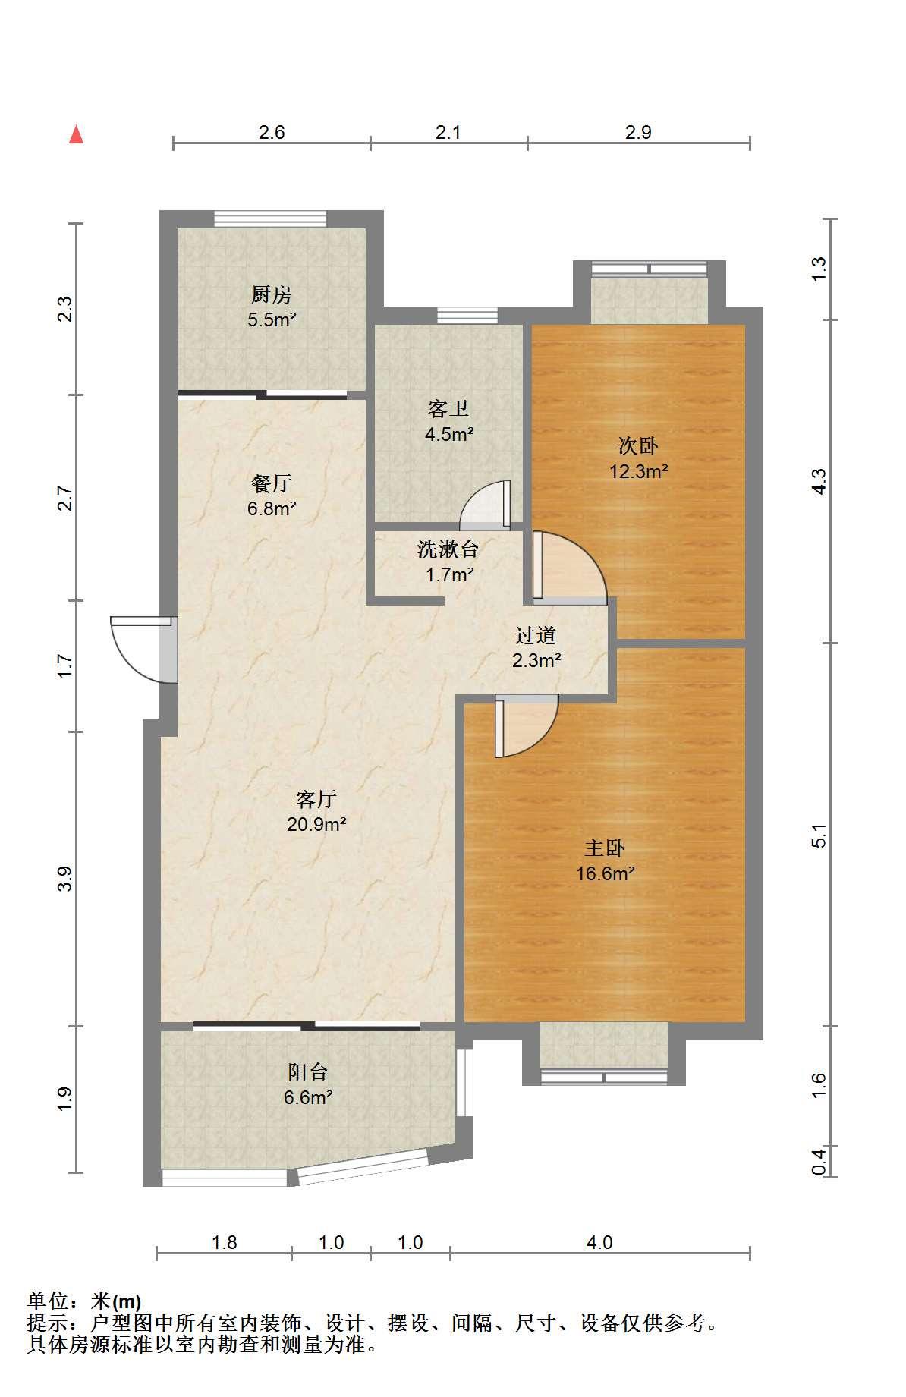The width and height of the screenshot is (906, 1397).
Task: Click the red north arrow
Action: [76, 134]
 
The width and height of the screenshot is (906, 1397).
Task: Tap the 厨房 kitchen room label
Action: [272, 294]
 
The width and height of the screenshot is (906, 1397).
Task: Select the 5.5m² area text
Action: [272, 319]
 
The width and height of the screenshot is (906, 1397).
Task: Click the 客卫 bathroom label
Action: [448, 410]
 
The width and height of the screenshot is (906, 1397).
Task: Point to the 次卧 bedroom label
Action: [638, 446]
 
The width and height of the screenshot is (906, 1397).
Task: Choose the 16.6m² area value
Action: [605, 873]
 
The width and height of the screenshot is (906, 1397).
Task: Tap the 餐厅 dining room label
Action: [272, 483]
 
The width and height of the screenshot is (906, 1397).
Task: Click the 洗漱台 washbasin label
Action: [448, 549]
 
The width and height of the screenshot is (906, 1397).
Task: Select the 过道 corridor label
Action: [536, 636]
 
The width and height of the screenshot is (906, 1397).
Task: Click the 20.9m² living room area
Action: [316, 824]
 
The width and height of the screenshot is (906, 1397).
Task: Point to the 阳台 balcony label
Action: [308, 1072]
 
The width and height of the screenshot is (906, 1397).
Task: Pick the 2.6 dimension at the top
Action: [272, 133]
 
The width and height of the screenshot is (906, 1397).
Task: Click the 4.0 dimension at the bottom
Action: [599, 1243]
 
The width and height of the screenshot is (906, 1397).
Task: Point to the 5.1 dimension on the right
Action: [819, 835]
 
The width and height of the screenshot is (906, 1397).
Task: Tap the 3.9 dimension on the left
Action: [65, 879]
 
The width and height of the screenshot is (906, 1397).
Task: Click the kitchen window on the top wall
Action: [270, 219]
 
